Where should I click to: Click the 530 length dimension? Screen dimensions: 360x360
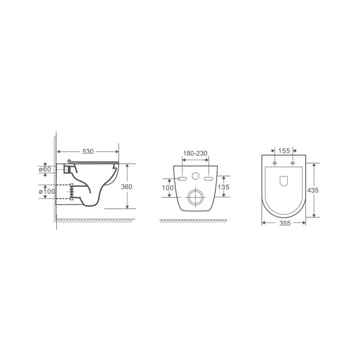pyautogui.click(x=88, y=152)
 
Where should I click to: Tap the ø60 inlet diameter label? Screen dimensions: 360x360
pyautogui.click(x=45, y=169)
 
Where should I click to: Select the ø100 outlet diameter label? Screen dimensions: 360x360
pyautogui.click(x=47, y=191)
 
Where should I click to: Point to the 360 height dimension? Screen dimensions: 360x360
pyautogui.click(x=126, y=187)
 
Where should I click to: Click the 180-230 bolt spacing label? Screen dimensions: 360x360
pyautogui.click(x=195, y=153)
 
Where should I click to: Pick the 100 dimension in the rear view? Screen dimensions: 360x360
pyautogui.click(x=167, y=188)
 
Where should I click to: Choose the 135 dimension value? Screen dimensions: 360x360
pyautogui.click(x=223, y=187)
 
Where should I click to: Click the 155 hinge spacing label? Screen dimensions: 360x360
pyautogui.click(x=284, y=151)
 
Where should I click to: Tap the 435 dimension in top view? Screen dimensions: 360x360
pyautogui.click(x=313, y=190)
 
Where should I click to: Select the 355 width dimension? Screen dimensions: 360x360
pyautogui.click(x=285, y=223)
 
